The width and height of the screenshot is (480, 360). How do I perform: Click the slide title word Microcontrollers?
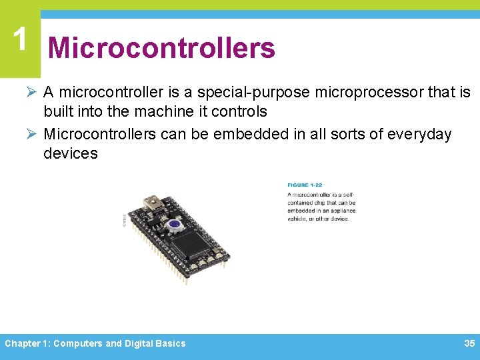pyautogui.click(x=161, y=48)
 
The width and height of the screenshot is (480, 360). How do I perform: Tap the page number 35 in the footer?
pyautogui.click(x=469, y=343)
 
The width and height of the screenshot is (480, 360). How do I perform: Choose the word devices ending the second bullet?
pyautogui.click(x=71, y=153)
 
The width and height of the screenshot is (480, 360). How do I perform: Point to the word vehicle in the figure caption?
pyautogui.click(x=298, y=219)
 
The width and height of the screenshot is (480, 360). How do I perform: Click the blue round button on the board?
pyautogui.click(x=175, y=225)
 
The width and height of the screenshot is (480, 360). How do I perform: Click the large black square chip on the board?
pyautogui.click(x=193, y=243)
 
